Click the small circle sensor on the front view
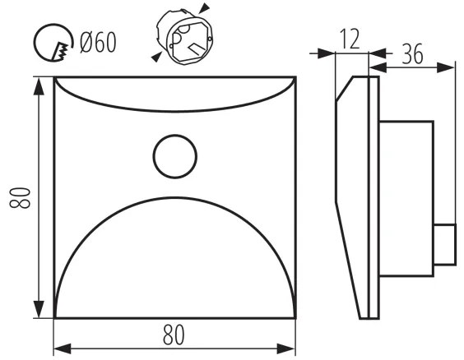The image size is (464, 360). [x=174, y=155]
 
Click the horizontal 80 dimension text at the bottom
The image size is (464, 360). [x=174, y=335]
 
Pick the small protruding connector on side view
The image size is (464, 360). [x=444, y=245]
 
